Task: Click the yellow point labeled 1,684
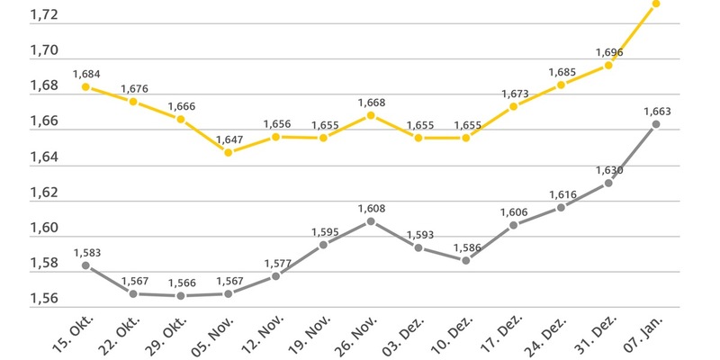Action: point(85,86)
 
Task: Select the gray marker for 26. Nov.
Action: point(371,220)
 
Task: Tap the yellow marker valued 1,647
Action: point(229,152)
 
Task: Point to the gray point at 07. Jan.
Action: point(656,124)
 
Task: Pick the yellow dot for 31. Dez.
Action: point(608,65)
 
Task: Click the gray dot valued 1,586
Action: point(465,260)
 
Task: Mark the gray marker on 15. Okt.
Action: point(85,265)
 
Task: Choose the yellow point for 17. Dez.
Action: point(513,106)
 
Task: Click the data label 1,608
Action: point(371,208)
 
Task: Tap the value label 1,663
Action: point(657,112)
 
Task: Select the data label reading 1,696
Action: point(609,52)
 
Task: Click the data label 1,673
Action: point(514,94)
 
